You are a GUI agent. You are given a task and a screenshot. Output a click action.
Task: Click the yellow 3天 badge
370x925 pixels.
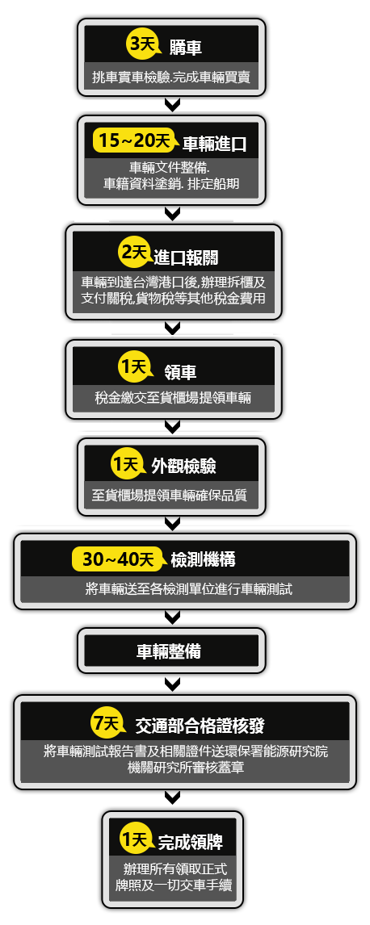pos(142,45)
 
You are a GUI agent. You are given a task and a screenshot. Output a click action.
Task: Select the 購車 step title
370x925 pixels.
pos(186,48)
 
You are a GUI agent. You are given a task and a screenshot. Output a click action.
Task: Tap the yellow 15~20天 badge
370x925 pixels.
pos(135,141)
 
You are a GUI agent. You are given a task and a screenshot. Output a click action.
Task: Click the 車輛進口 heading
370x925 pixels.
pos(213,144)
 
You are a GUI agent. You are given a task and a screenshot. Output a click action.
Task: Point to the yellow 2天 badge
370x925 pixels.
pos(134,253)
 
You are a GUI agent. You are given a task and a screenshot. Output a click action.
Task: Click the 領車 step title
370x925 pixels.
pos(181,371)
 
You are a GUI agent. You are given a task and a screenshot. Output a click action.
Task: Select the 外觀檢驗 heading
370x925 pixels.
pos(183,466)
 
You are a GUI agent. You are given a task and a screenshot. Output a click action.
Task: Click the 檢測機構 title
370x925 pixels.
pos(203,559)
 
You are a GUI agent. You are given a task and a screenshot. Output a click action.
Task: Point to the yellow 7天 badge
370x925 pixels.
pos(107,722)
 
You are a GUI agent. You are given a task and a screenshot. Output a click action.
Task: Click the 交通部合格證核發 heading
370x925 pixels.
pos(200,726)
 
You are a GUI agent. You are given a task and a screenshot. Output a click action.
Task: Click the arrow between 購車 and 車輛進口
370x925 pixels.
pos(172,105)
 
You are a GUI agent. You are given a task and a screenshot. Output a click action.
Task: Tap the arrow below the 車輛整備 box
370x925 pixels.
pos(172,684)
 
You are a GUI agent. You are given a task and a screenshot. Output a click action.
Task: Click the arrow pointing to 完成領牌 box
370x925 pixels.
pos(172,798)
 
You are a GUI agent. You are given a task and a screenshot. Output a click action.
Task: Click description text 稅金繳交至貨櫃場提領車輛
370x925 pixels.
pos(173,398)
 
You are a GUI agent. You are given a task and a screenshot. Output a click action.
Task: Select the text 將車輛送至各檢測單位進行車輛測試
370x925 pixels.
pos(189,588)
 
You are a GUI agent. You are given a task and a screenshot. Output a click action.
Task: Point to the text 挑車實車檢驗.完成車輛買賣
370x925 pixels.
pos(171,77)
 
